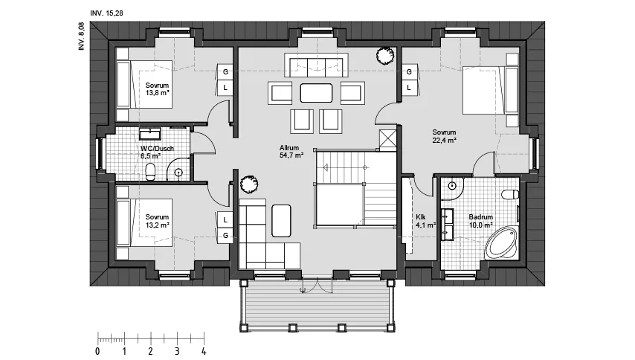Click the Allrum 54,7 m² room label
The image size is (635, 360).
coord(291,152)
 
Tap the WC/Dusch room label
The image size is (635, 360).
coord(157,148)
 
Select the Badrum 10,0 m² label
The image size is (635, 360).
coord(480,221)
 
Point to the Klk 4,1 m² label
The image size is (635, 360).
coord(425,221)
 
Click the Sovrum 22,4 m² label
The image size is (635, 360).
coord(444,136)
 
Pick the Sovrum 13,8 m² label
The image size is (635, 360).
coord(157,89)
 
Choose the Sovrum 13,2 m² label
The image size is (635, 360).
coord(157,221)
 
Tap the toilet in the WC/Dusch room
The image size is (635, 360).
coord(150,172)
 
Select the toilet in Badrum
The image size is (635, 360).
coord(510,195)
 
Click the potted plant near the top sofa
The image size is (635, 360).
coord(384,55)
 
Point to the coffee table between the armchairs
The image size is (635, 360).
coord(316,93)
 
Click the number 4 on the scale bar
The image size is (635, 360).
coord(204,351)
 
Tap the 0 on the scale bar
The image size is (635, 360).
coord(97,351)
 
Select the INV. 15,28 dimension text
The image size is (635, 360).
coord(106,13)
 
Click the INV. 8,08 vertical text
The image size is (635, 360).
coord(82,36)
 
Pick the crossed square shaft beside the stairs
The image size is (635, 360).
coord(387,140)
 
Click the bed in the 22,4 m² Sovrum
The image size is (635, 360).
coord(491,90)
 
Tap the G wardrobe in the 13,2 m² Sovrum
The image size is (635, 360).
coord(225,236)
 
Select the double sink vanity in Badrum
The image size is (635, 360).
coord(447,225)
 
